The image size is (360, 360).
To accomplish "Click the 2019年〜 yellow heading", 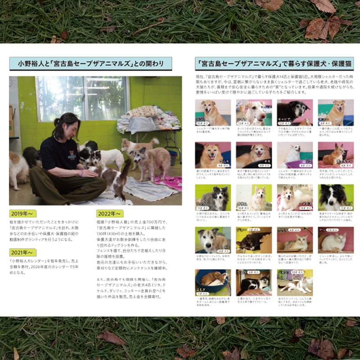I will click(22, 213).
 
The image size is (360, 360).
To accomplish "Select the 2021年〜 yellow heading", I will click(22, 252).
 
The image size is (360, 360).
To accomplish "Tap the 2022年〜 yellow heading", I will click(110, 213).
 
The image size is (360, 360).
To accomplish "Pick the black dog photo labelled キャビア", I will click(294, 112).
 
